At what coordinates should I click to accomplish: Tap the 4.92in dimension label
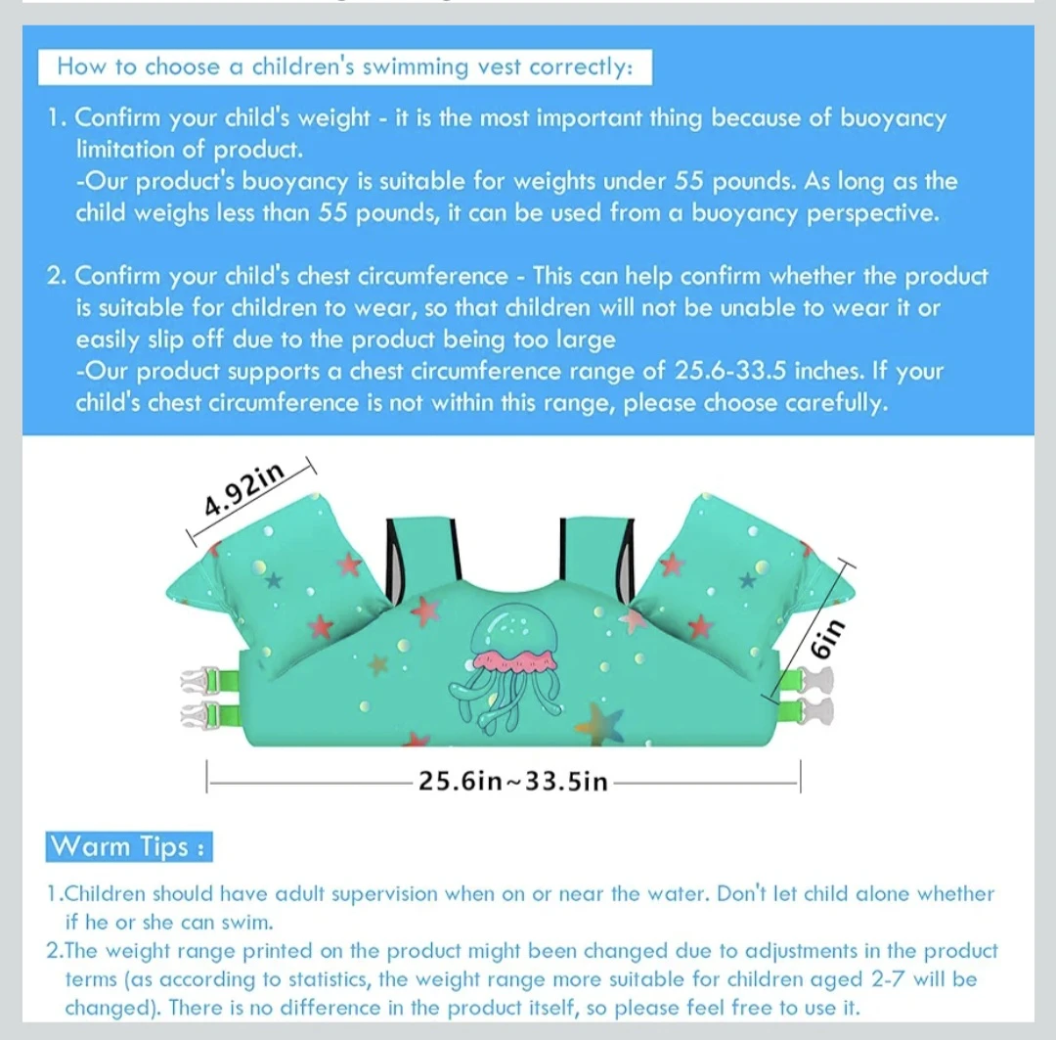(x=244, y=488)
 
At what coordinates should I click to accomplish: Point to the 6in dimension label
(x=826, y=638)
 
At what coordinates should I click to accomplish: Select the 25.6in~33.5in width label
(x=513, y=781)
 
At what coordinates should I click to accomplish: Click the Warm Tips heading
(x=129, y=846)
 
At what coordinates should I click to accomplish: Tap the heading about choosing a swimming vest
(x=345, y=67)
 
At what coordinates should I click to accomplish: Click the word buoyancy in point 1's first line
(x=893, y=118)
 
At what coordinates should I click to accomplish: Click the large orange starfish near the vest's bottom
(x=598, y=723)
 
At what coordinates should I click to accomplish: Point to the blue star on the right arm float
(x=747, y=580)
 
